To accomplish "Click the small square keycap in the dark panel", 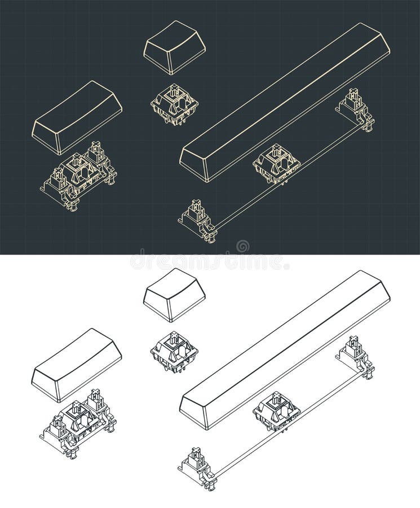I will click(x=174, y=47).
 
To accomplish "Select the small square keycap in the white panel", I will click(x=174, y=295).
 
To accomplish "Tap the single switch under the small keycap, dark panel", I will click(x=174, y=104).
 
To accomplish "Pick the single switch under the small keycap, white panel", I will click(x=174, y=352).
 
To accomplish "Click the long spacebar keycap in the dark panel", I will click(x=285, y=102).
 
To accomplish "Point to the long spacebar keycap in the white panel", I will click(x=285, y=349).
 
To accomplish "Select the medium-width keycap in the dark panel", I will click(x=77, y=117).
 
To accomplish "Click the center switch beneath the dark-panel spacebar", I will click(x=276, y=164).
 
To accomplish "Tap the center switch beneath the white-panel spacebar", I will click(x=276, y=411).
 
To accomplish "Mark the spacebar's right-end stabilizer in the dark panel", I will click(x=355, y=110).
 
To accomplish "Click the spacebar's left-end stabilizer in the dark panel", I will click(x=198, y=220).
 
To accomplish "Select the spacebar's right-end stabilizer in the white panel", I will click(x=355, y=357).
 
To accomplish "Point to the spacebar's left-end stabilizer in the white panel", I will click(x=198, y=467).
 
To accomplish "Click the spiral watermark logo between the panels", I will click(x=242, y=247).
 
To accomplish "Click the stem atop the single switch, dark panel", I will click(x=175, y=90).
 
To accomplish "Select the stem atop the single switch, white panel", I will click(x=175, y=339).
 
